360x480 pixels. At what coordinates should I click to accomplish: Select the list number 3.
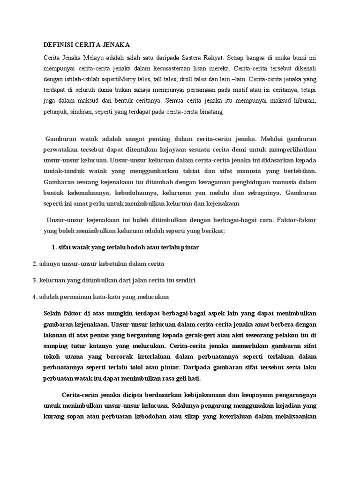(x=35, y=280)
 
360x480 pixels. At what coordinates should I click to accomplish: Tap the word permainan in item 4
(x=75, y=297)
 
